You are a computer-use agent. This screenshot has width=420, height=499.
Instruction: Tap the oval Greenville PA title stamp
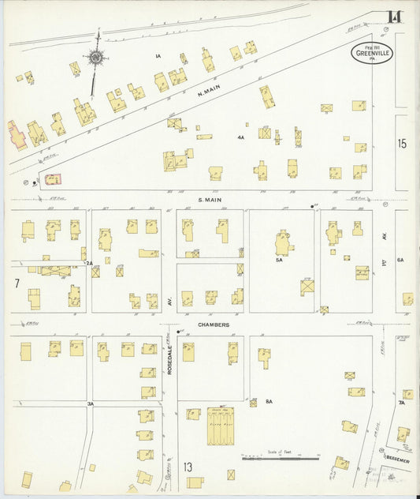tap(374, 54)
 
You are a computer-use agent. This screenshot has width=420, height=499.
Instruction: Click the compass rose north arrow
tap(96, 57)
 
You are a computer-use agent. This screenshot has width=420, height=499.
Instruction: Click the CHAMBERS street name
tap(213, 325)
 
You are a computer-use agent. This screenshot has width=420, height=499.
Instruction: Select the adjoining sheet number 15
tap(402, 144)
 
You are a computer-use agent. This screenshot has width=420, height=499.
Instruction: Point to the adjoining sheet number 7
tap(16, 283)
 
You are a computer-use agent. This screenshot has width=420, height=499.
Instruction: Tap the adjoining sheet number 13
tap(188, 467)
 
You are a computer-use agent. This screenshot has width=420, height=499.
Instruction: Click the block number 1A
tap(158, 55)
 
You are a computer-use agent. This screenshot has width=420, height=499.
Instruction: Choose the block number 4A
tap(240, 137)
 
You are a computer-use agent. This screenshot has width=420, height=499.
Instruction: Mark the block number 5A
tap(278, 260)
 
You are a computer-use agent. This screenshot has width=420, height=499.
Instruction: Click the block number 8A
tap(268, 402)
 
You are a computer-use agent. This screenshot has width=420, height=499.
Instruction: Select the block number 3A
tap(91, 403)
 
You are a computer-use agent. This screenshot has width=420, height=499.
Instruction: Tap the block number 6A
tap(400, 260)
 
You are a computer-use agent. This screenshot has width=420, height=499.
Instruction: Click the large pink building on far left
tap(17, 135)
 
